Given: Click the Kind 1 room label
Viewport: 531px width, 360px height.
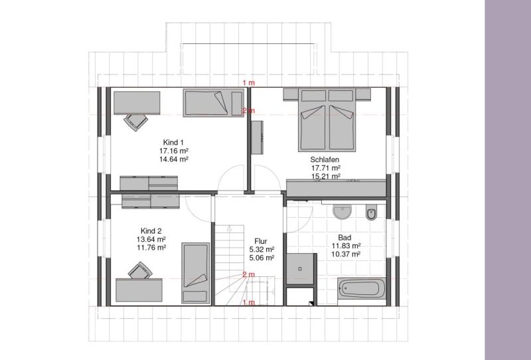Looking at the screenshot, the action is (173, 142).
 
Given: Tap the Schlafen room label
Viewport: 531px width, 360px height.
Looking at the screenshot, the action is (325, 159).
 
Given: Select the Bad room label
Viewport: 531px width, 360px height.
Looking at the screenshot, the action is (344, 238).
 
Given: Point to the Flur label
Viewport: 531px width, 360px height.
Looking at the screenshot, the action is (261, 241).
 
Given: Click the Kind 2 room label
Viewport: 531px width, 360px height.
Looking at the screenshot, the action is (151, 231).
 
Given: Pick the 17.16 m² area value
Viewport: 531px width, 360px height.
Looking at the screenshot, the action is (174, 151).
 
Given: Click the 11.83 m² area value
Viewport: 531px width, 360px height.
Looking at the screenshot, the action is (346, 246).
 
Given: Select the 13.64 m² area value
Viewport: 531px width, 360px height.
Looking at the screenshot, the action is (151, 239).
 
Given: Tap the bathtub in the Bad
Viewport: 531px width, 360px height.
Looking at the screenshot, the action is (362, 289).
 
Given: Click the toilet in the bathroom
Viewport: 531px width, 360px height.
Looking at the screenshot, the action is (371, 213).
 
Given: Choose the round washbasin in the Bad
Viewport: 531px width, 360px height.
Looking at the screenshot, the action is (342, 212).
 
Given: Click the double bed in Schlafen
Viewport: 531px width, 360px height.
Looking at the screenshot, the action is (327, 120).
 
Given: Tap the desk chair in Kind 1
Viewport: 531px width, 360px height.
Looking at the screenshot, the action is (136, 122).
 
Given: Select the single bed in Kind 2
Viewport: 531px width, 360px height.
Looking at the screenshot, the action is (196, 273).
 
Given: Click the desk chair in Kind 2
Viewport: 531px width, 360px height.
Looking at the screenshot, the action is (139, 270).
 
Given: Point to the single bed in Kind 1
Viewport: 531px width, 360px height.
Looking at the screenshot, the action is (214, 103).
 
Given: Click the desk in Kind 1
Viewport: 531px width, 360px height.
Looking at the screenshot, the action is (137, 103).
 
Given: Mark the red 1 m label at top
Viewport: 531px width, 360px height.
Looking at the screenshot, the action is (248, 83).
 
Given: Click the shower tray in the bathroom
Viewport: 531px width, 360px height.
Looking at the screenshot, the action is (301, 269).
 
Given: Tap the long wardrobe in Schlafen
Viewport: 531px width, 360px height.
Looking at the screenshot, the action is (337, 188).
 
